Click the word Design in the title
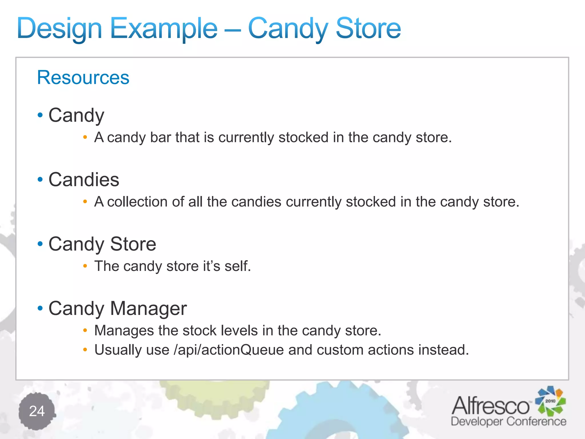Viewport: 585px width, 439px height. (59, 29)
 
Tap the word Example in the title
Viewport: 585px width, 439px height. (163, 29)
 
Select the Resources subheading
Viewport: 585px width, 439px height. (83, 77)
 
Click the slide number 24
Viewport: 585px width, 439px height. (37, 411)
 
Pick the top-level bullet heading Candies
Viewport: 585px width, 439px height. (84, 180)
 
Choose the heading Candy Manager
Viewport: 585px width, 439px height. (117, 308)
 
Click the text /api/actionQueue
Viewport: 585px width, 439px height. (229, 350)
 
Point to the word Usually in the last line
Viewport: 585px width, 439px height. (118, 350)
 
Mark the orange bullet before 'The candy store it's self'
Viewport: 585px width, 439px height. (85, 266)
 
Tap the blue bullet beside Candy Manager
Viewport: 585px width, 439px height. (40, 308)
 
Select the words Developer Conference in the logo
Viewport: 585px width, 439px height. (508, 422)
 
